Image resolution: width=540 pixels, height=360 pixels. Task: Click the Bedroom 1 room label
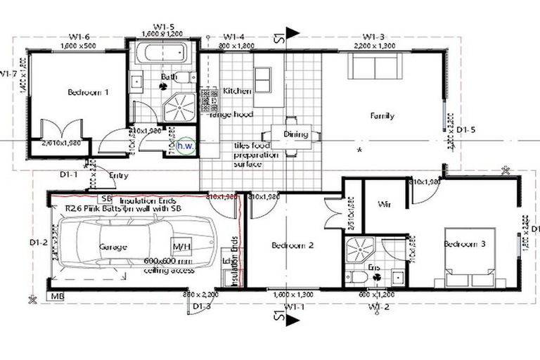tap(89, 92)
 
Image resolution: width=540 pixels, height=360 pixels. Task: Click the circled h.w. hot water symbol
tap(185, 146)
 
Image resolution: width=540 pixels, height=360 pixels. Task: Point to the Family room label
tap(382, 116)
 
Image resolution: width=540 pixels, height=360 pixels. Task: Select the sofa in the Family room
tap(375, 67)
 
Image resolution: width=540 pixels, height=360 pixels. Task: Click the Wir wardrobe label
tap(384, 205)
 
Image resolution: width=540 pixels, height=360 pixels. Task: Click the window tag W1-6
tap(79, 37)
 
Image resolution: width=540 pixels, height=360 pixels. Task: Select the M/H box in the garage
tap(181, 247)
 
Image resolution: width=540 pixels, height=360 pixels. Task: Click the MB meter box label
tap(58, 297)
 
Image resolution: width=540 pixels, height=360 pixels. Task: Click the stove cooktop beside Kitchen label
tap(210, 101)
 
